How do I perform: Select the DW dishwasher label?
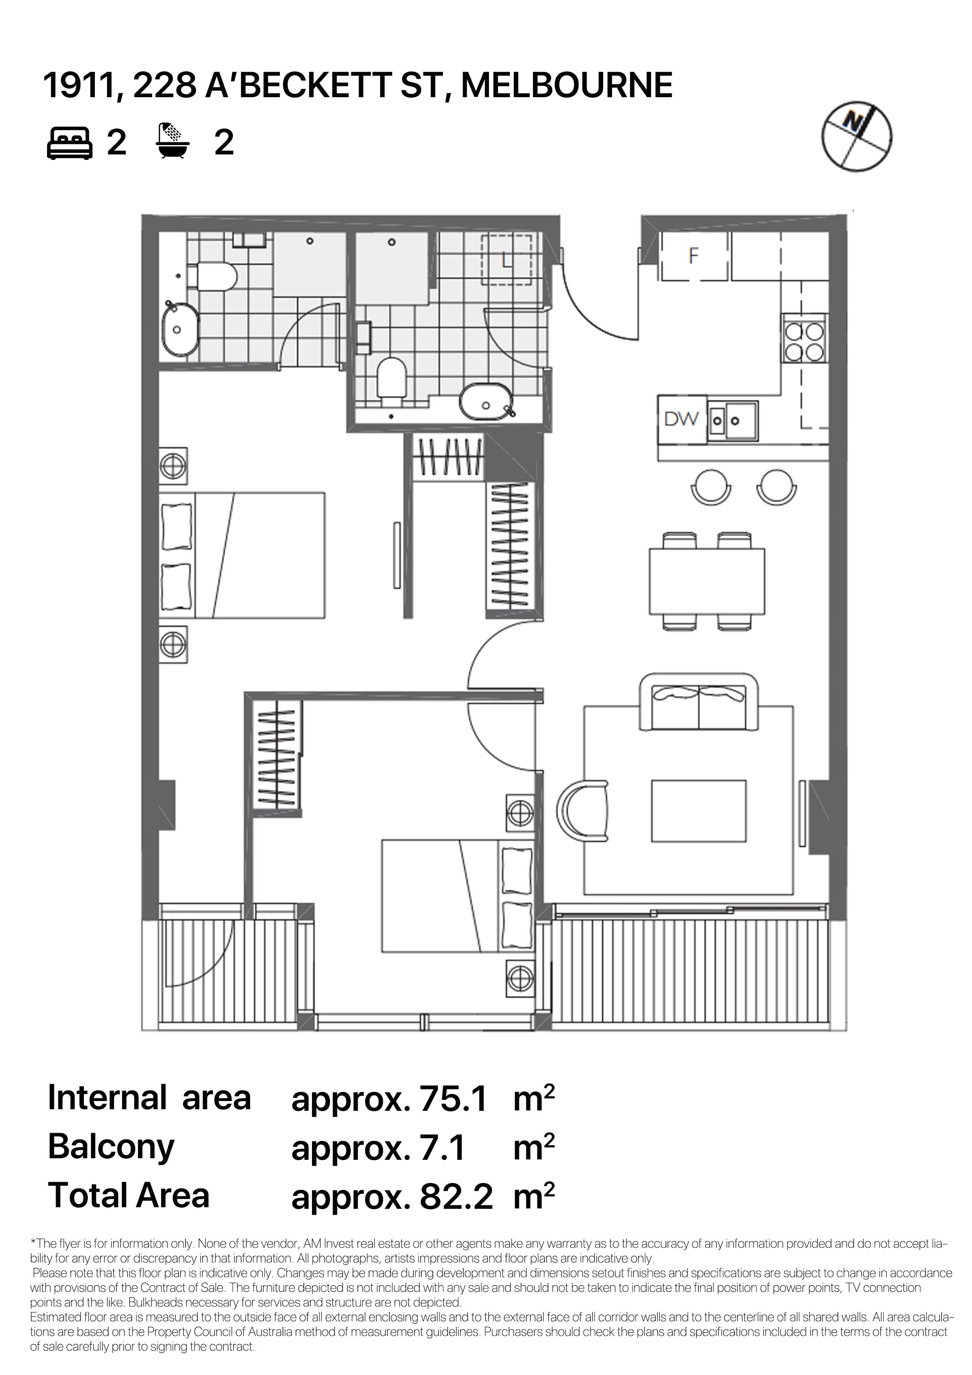(682, 419)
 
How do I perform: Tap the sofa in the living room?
(699, 702)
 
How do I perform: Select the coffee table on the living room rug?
(699, 811)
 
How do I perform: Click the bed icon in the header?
(69, 143)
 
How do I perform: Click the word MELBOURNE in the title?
(567, 85)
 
